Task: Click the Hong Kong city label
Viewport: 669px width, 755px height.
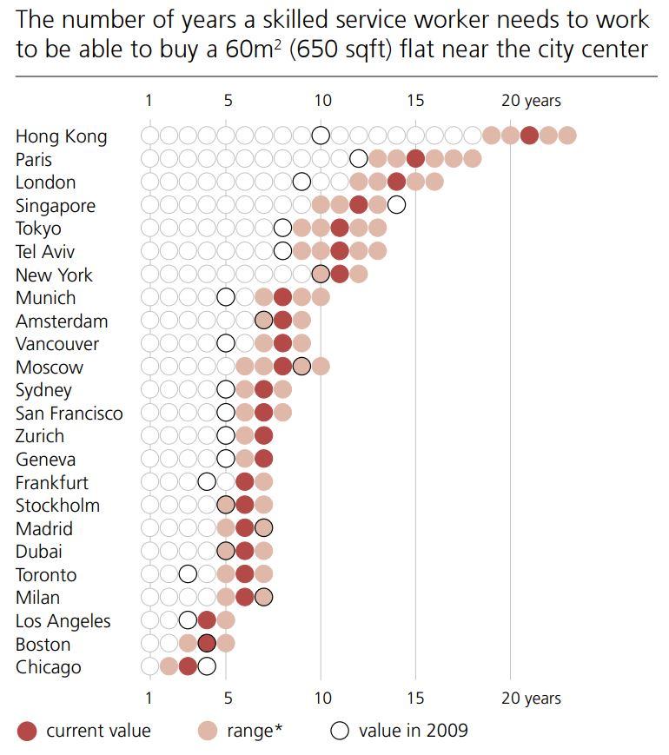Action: point(61,136)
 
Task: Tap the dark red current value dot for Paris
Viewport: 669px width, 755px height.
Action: point(415,158)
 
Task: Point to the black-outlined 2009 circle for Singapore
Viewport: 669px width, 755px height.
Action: point(396,205)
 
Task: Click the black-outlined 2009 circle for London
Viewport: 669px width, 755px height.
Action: point(301,182)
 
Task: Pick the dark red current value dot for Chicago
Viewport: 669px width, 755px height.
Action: point(188,666)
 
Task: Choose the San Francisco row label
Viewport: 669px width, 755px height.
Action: point(69,413)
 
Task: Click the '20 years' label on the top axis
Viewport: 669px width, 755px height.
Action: point(531,101)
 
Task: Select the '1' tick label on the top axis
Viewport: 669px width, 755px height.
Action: point(149,101)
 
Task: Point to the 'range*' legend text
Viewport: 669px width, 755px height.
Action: point(254,731)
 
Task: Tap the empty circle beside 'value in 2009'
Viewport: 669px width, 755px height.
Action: point(340,731)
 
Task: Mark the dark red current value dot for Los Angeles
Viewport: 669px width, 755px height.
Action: point(207,620)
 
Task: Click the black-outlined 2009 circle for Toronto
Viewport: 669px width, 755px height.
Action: point(188,574)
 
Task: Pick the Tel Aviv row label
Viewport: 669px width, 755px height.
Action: point(44,251)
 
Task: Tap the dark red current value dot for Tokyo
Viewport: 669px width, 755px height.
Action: point(340,228)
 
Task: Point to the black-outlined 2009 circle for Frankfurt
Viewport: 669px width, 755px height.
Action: point(207,481)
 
